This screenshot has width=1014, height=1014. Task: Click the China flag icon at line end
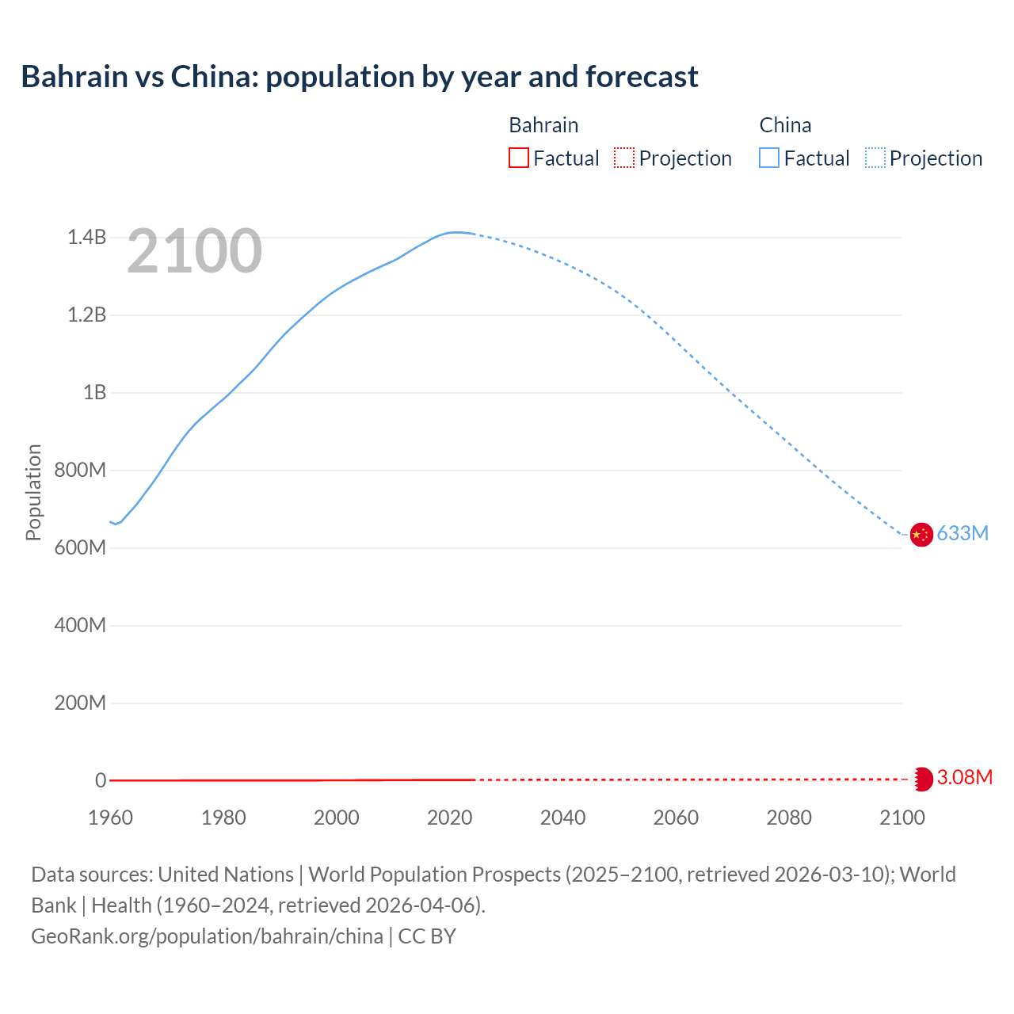click(x=921, y=535)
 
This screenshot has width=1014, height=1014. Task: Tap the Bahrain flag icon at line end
click(x=921, y=779)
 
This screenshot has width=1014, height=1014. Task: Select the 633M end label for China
click(x=963, y=534)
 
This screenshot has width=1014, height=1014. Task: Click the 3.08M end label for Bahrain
click(x=964, y=778)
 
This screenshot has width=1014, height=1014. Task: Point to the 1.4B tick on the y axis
click(x=86, y=238)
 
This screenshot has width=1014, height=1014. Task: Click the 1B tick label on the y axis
click(x=94, y=393)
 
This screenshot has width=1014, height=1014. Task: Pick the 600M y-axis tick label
click(x=80, y=548)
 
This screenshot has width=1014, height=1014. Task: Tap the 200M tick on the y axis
click(x=80, y=703)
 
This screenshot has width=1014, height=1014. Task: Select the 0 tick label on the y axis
click(x=101, y=781)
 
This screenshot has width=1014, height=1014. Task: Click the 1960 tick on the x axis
click(x=110, y=818)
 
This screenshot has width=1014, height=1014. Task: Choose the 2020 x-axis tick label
click(x=449, y=818)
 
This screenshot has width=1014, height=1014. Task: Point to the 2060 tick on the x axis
click(x=676, y=818)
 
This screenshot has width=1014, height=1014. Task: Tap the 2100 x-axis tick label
click(x=902, y=818)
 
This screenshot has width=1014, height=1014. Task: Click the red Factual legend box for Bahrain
click(x=518, y=158)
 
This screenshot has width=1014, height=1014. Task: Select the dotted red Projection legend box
click(x=624, y=158)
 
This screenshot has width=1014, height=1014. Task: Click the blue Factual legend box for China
click(x=768, y=158)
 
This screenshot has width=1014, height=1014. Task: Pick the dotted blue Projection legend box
click(x=875, y=158)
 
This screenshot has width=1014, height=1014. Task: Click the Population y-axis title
click(x=33, y=492)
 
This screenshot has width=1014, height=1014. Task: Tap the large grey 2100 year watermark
click(x=194, y=251)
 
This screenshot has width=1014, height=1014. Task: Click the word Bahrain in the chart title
click(x=74, y=77)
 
